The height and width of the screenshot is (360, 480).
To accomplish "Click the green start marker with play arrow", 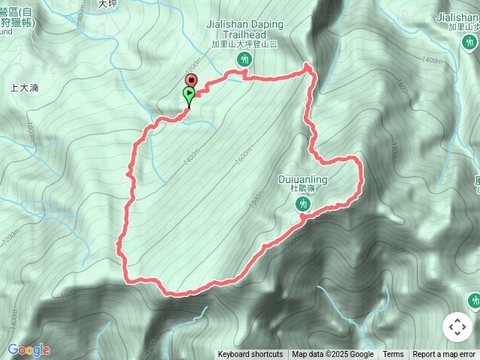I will (x=189, y=95).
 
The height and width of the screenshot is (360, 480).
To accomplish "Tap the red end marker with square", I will (x=190, y=80).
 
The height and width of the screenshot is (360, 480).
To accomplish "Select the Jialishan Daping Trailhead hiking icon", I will (x=244, y=58).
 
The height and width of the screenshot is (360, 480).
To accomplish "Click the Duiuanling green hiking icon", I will (x=303, y=204).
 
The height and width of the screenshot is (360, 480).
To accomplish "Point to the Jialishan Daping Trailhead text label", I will (x=245, y=29).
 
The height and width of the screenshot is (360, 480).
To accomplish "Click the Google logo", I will (x=28, y=349).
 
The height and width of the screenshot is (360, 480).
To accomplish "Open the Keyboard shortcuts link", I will (x=250, y=355).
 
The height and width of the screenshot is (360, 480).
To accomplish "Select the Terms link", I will (x=393, y=355).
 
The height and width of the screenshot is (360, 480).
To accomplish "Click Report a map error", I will (x=444, y=355).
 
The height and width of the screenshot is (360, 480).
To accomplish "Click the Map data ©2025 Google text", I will (x=332, y=355).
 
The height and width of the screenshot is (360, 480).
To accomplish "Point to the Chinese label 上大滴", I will (x=24, y=88).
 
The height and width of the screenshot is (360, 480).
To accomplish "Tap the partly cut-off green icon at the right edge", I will (x=474, y=301).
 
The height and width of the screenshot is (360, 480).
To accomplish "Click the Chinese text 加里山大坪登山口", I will (x=245, y=44).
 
